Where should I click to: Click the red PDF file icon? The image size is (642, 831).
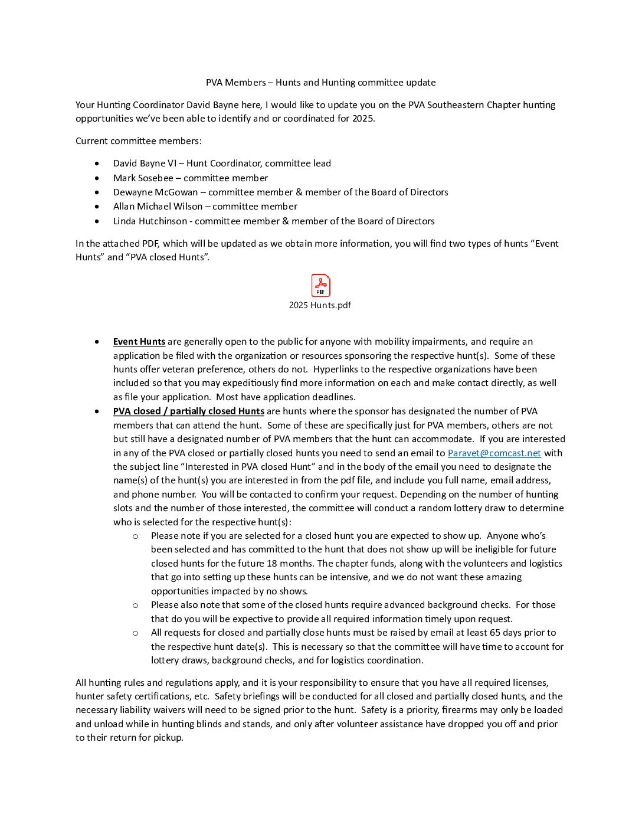[x=320, y=286]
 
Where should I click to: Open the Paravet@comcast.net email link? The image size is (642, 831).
[x=494, y=453]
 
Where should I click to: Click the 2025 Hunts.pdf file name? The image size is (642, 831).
[x=320, y=305]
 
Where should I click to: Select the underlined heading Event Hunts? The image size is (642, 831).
[x=139, y=342]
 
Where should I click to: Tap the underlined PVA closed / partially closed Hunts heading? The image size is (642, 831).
[x=188, y=411]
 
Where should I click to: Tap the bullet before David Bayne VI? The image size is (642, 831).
[x=97, y=163]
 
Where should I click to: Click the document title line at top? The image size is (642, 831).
[x=320, y=83]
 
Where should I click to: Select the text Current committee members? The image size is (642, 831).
[x=139, y=141]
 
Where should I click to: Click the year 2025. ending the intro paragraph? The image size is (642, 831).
[x=363, y=119]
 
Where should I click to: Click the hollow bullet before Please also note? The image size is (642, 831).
[x=136, y=606]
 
